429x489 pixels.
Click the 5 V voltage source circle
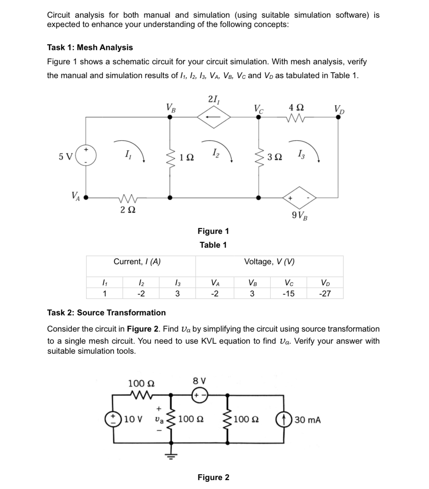(x=86, y=156)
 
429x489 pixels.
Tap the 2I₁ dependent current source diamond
(x=214, y=117)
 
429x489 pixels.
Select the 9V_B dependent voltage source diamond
(x=299, y=198)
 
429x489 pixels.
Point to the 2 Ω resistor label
(x=128, y=209)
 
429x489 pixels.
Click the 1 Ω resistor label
(x=187, y=157)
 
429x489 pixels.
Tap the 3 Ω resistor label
(x=274, y=157)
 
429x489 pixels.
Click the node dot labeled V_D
(x=338, y=117)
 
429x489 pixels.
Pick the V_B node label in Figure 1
(x=171, y=108)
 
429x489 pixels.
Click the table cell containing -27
(x=325, y=294)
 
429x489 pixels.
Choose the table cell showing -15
(x=288, y=294)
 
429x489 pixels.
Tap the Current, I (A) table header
(x=137, y=262)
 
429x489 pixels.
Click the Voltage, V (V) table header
(x=269, y=262)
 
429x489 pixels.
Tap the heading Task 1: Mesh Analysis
(x=90, y=47)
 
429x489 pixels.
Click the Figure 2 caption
(x=213, y=477)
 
